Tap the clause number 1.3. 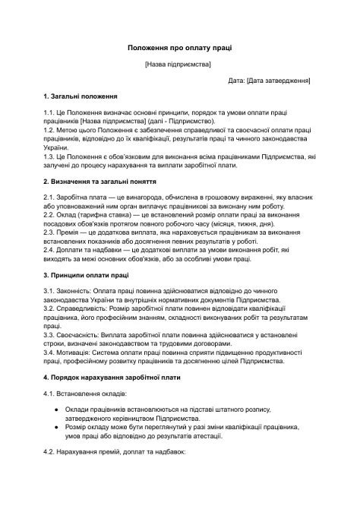[49, 156]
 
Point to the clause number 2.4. [49, 249]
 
